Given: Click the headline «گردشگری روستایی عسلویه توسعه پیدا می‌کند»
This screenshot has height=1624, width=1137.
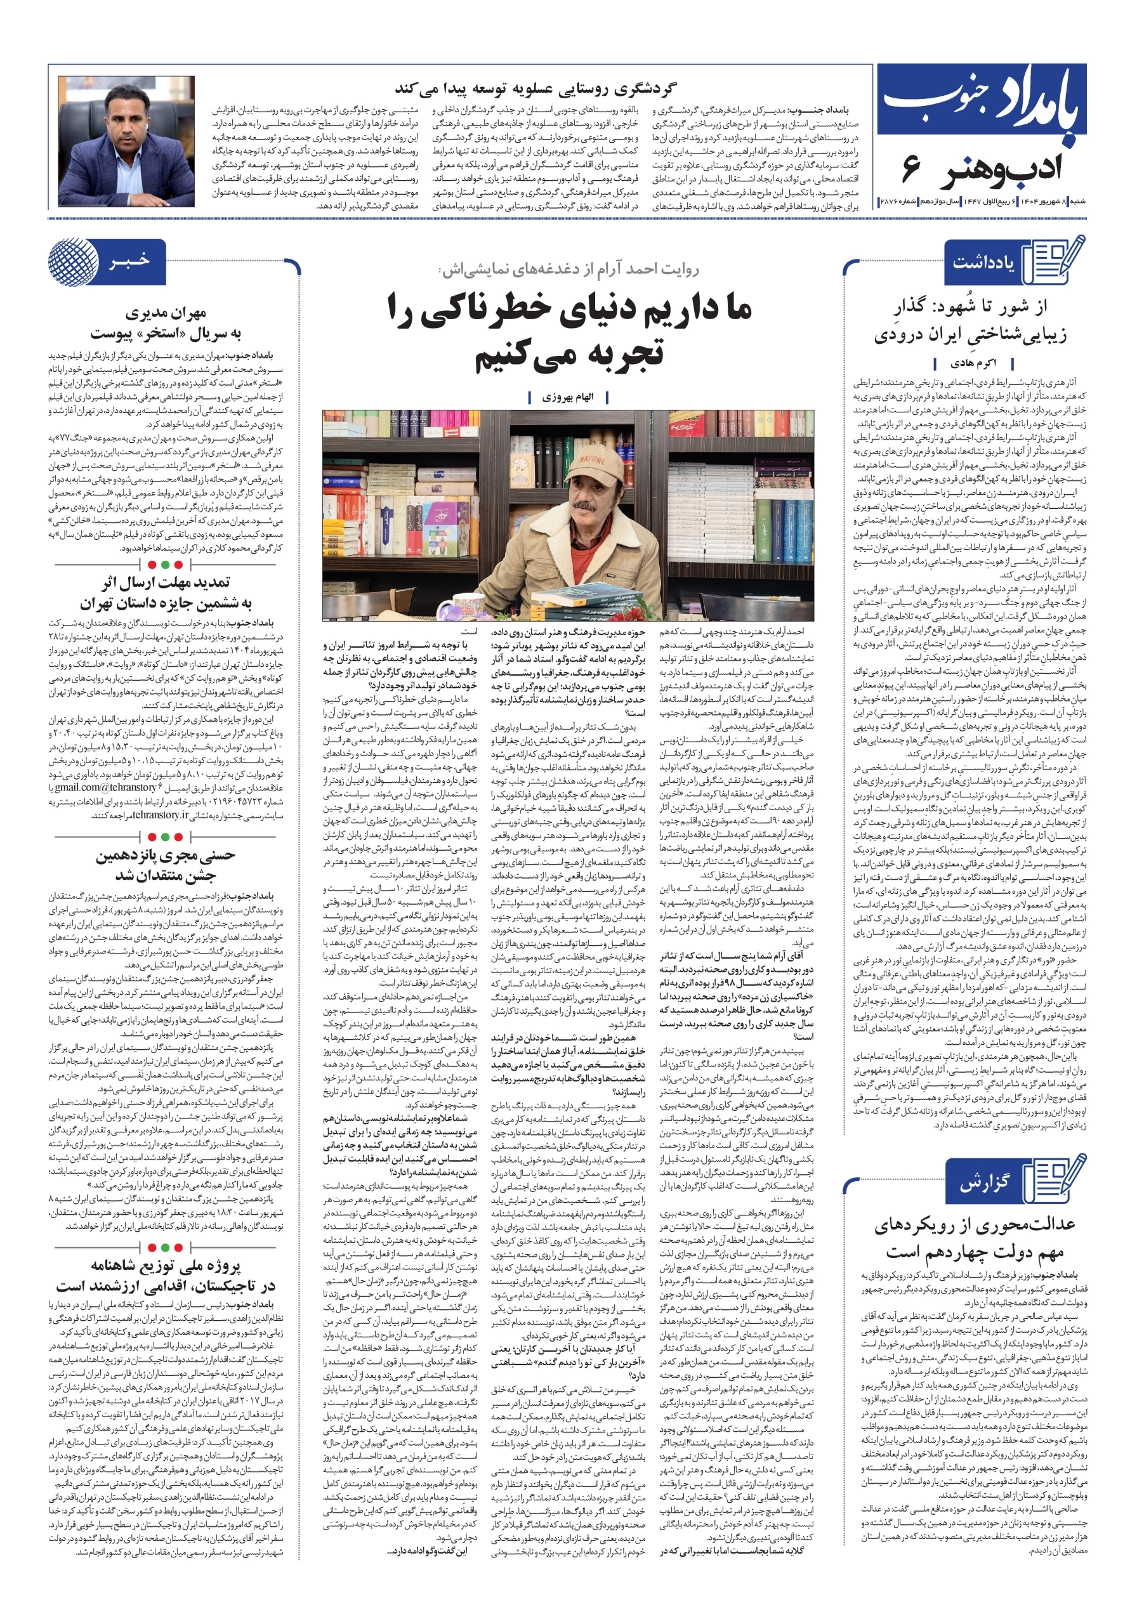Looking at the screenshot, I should pos(536,89).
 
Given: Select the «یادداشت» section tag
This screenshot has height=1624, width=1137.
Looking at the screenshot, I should pos(983,263).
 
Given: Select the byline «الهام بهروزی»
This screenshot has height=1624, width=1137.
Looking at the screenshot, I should pos(567,398).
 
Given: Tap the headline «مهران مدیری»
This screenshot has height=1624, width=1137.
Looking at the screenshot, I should pos(166,313).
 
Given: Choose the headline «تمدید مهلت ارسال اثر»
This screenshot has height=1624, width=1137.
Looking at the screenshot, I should pos(165,583).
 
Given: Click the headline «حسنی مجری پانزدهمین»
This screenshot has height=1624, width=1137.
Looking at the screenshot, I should pos(166,855).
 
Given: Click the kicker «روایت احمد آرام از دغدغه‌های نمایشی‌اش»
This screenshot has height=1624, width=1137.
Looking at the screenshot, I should pos(568,270).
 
